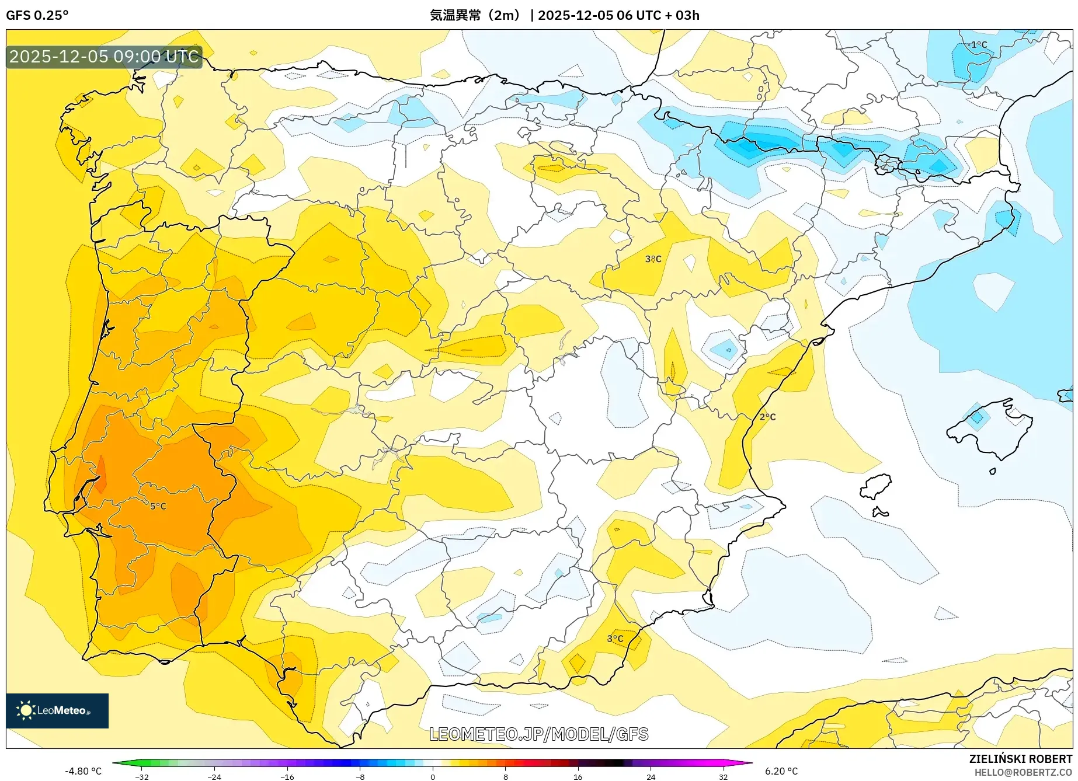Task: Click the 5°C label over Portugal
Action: click(x=158, y=506)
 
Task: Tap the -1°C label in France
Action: click(x=976, y=45)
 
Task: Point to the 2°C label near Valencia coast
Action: click(x=767, y=417)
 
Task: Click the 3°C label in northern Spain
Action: click(x=653, y=259)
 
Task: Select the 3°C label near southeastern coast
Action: click(x=615, y=639)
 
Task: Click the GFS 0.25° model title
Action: click(x=37, y=15)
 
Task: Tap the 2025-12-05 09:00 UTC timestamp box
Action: click(x=104, y=57)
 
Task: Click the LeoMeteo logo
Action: click(x=57, y=710)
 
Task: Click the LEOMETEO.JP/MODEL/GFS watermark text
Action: click(x=538, y=734)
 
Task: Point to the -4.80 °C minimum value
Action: click(x=83, y=771)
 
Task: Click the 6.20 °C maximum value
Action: click(x=781, y=771)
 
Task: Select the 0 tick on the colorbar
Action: click(x=433, y=776)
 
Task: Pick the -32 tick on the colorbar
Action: click(x=142, y=776)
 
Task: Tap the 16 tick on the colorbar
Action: click(x=578, y=776)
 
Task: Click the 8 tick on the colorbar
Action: click(x=505, y=776)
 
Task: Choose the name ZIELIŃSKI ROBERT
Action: click(x=1020, y=759)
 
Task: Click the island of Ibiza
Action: click(x=877, y=486)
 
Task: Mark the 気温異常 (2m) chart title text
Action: click(x=474, y=15)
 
